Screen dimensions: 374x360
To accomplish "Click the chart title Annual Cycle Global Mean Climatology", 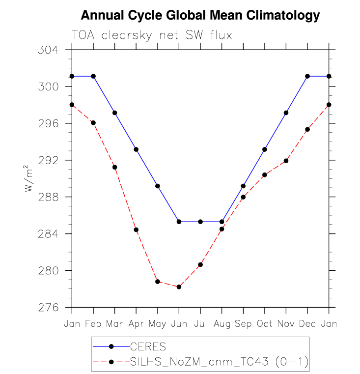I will pyautogui.click(x=200, y=16).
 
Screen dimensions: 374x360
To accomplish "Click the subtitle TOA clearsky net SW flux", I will pyautogui.click(x=152, y=35).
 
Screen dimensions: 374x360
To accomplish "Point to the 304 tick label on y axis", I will pyautogui.click(x=49, y=50).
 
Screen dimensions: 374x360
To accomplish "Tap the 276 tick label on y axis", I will pyautogui.click(x=49, y=308).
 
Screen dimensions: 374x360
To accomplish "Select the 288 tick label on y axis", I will pyautogui.click(x=49, y=197).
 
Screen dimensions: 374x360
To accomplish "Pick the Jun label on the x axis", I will pyautogui.click(x=179, y=324).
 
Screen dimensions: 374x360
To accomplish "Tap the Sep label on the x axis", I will pyautogui.click(x=243, y=324).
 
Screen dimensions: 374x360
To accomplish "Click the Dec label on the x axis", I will pyautogui.click(x=307, y=324).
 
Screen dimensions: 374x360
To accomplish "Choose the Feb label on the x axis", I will pyautogui.click(x=93, y=324).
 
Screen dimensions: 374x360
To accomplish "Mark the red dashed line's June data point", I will pyautogui.click(x=179, y=287).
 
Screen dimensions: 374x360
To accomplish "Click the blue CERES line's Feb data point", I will pyautogui.click(x=93, y=76).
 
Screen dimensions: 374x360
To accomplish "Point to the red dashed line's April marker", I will pyautogui.click(x=136, y=230).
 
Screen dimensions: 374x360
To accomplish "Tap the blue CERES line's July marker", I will pyautogui.click(x=200, y=222).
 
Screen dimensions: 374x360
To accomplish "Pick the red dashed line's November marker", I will pyautogui.click(x=286, y=161).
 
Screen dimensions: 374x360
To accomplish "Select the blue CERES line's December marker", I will pyautogui.click(x=307, y=76).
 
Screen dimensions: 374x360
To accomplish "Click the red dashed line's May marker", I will pyautogui.click(x=158, y=282).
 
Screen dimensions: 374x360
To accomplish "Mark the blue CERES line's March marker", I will pyautogui.click(x=115, y=113).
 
